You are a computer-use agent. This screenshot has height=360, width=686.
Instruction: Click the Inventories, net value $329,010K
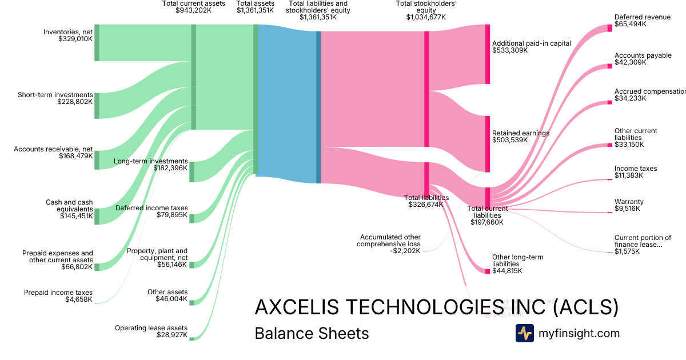[75, 39]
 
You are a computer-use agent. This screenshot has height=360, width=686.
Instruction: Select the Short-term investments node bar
[97, 106]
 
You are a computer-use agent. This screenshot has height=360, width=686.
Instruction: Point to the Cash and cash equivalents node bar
[97, 217]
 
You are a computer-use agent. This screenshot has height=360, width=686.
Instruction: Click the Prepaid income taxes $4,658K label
[58, 296]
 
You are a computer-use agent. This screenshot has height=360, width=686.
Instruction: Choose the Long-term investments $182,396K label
[151, 165]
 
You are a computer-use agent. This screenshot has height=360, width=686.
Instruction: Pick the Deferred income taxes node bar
[192, 218]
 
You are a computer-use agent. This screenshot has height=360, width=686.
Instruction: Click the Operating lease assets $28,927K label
[151, 331]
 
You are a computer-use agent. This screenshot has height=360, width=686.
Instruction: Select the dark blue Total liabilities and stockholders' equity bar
[318, 107]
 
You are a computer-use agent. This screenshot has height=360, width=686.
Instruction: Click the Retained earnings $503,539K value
[510, 140]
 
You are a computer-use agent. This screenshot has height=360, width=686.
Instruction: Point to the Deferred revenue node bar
[609, 28]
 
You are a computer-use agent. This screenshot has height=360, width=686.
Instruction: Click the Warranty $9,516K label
[629, 205]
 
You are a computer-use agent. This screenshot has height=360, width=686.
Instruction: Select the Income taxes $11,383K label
[635, 172]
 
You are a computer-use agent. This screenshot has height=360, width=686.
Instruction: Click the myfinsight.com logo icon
[525, 333]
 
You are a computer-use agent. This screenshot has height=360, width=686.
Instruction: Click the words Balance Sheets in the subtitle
[312, 333]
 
